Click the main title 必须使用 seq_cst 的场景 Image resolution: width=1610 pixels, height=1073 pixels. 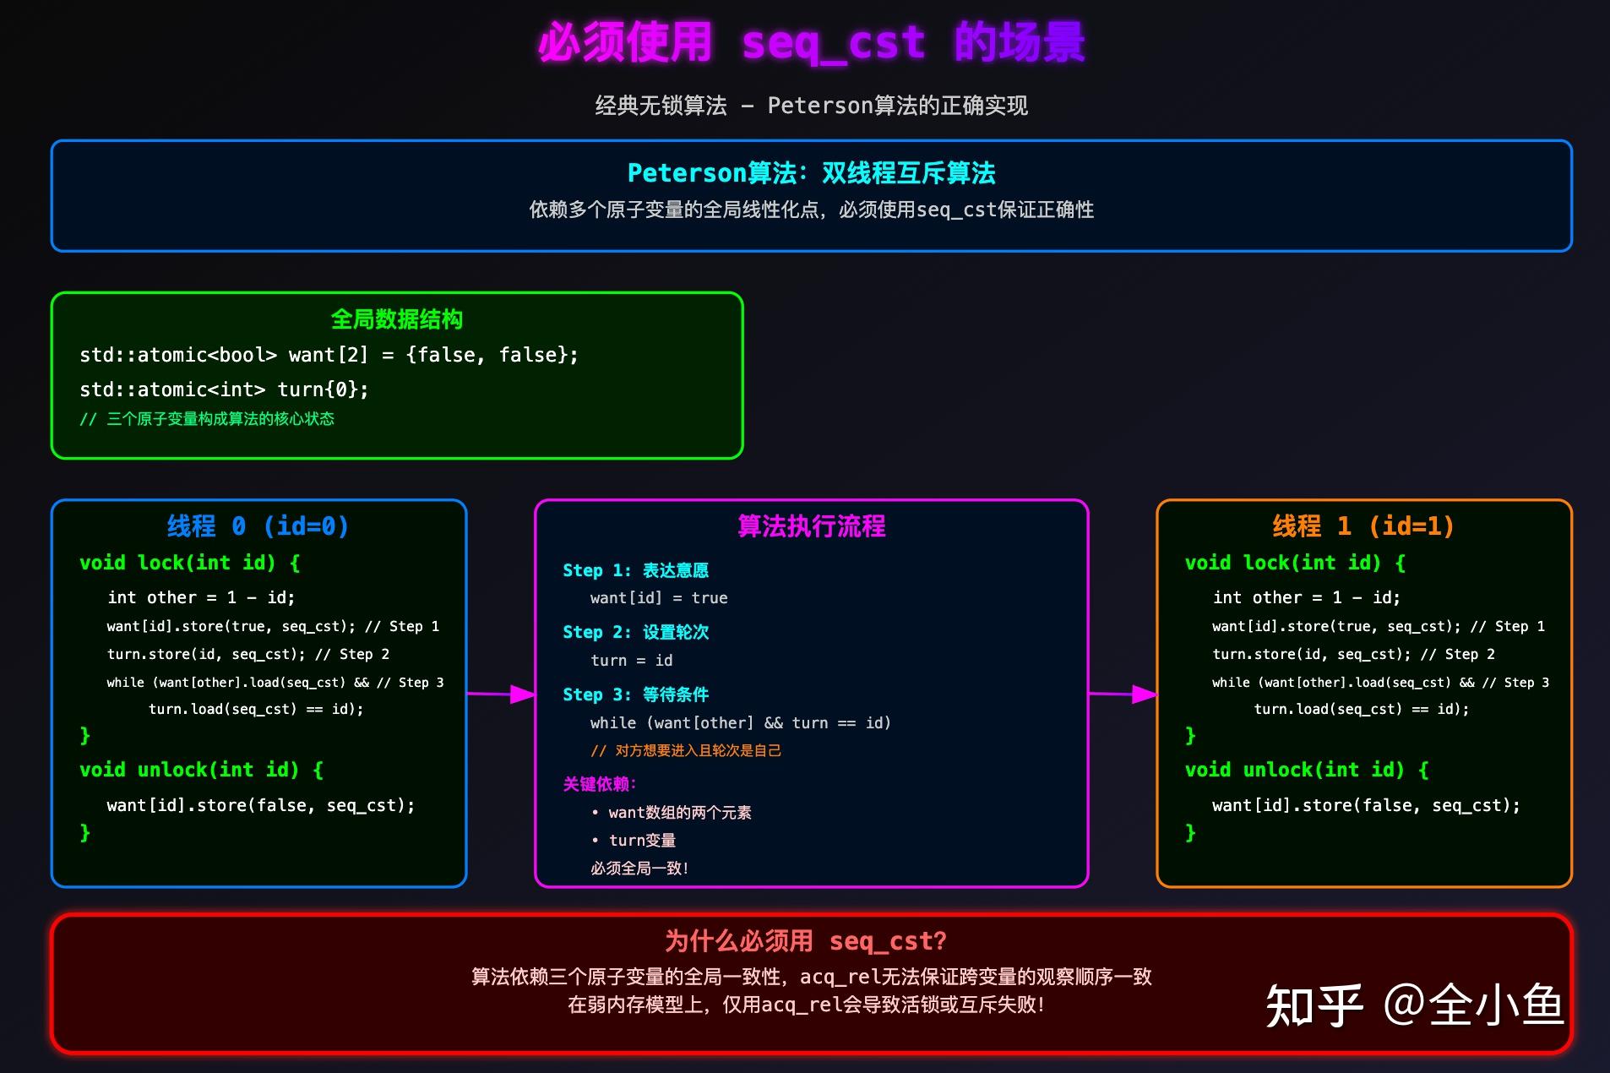tap(811, 42)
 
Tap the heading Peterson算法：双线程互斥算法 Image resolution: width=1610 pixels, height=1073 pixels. tap(811, 173)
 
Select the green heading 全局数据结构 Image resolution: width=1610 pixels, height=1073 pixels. tap(396, 319)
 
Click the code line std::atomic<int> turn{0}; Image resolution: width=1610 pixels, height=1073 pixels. tap(224, 389)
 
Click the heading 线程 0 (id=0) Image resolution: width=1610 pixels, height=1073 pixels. tap(258, 526)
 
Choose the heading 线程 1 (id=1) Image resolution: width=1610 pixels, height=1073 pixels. tap(1363, 526)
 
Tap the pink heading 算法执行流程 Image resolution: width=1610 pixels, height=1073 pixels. tap(811, 526)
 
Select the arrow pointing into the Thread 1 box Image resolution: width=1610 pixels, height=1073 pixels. tap(1123, 694)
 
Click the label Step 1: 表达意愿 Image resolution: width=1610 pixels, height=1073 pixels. tap(635, 570)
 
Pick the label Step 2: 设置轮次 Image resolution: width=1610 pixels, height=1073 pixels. tap(635, 632)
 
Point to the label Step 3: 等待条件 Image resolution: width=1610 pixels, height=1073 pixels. tap(635, 694)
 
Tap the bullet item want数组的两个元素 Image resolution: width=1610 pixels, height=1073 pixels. tap(679, 813)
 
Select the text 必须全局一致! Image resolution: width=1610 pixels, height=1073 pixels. tap(639, 869)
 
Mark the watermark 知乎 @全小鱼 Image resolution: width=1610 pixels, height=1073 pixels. tap(1414, 1005)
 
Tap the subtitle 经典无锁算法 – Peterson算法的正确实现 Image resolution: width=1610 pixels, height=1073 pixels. tap(811, 106)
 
